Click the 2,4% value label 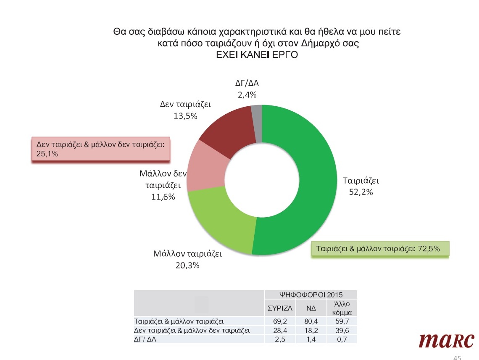point(247,95)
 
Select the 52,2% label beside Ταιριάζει point(361,192)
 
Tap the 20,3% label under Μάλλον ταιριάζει point(187,265)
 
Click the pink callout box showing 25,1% point(101,149)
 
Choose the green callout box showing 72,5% point(380,249)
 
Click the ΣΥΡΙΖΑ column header point(280,308)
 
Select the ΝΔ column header point(311,308)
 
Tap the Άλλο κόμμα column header point(342,308)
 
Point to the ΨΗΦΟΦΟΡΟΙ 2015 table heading point(311,294)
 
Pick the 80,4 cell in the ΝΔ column point(311,321)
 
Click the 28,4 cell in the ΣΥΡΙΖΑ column point(280,330)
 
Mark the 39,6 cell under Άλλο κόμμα point(342,330)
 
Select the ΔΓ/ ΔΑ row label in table point(145,339)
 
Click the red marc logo point(446,340)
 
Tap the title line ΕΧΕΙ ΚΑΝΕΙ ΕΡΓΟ point(257,55)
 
